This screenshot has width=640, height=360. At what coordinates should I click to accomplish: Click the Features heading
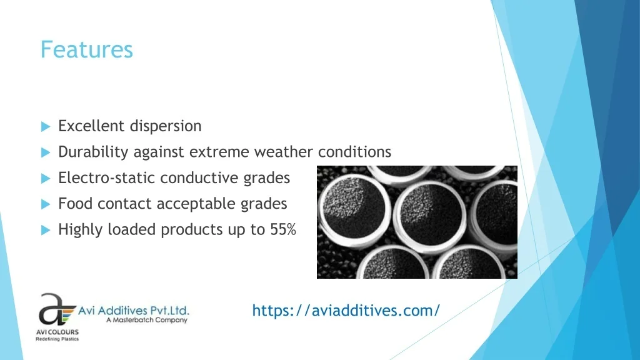[86, 50]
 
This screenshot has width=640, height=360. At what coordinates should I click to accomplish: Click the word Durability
[94, 152]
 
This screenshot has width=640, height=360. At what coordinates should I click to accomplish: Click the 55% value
[283, 229]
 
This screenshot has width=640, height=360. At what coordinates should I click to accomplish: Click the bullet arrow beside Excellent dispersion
[46, 126]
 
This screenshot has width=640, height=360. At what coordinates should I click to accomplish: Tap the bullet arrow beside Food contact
[46, 204]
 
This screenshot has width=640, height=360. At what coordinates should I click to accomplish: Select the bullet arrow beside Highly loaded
[46, 230]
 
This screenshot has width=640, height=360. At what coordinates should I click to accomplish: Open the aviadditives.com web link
[346, 311]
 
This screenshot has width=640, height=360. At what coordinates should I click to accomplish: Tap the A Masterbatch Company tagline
[146, 319]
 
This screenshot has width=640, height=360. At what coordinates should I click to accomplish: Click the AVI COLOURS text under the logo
[57, 332]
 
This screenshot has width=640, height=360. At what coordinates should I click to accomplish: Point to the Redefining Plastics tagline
[57, 339]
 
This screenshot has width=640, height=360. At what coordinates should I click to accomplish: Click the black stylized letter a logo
[52, 309]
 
